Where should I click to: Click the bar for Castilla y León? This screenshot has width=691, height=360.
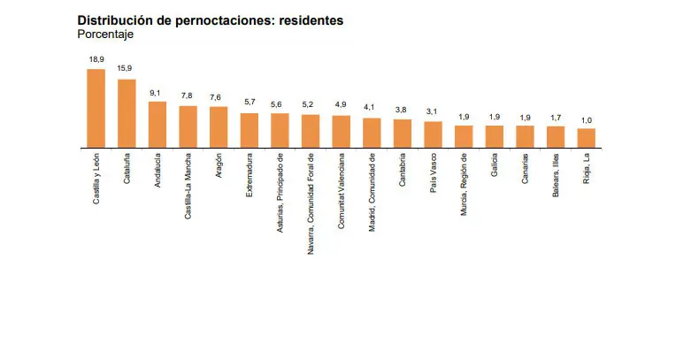[96, 107]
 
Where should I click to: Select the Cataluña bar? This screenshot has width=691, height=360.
[127, 112]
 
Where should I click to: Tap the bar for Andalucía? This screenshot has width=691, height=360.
[157, 124]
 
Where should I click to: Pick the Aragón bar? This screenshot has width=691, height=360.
[219, 126]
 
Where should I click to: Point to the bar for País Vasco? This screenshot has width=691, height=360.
[433, 134]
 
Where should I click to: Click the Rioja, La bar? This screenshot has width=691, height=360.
[586, 137]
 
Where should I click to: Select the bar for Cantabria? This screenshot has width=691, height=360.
[403, 133]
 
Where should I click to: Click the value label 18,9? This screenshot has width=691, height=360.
[96, 59]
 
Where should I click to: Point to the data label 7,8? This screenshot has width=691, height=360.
[188, 96]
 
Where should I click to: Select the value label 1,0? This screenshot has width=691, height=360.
[586, 119]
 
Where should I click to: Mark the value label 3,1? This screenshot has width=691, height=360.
[433, 112]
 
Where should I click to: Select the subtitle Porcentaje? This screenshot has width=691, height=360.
[105, 34]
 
